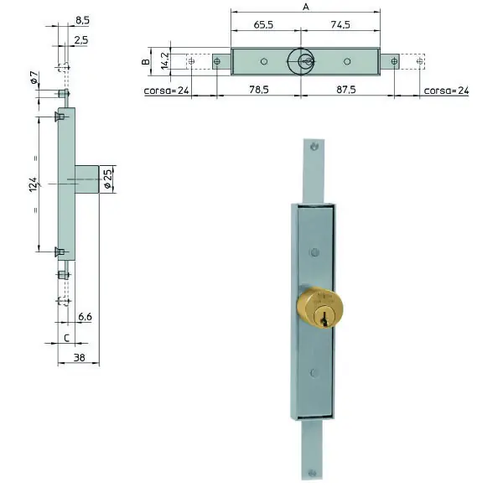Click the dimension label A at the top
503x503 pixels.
coord(306,7)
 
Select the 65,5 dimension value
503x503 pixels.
coord(263,24)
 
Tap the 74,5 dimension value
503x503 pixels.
coord(340,24)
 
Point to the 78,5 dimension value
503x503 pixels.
coord(259,90)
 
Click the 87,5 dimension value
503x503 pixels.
coord(345,90)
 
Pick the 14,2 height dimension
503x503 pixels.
coord(165,61)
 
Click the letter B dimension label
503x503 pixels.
coord(146,61)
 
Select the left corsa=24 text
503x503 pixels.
coord(166,91)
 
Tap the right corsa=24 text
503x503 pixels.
coord(446,91)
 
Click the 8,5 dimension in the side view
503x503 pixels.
coord(82,20)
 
